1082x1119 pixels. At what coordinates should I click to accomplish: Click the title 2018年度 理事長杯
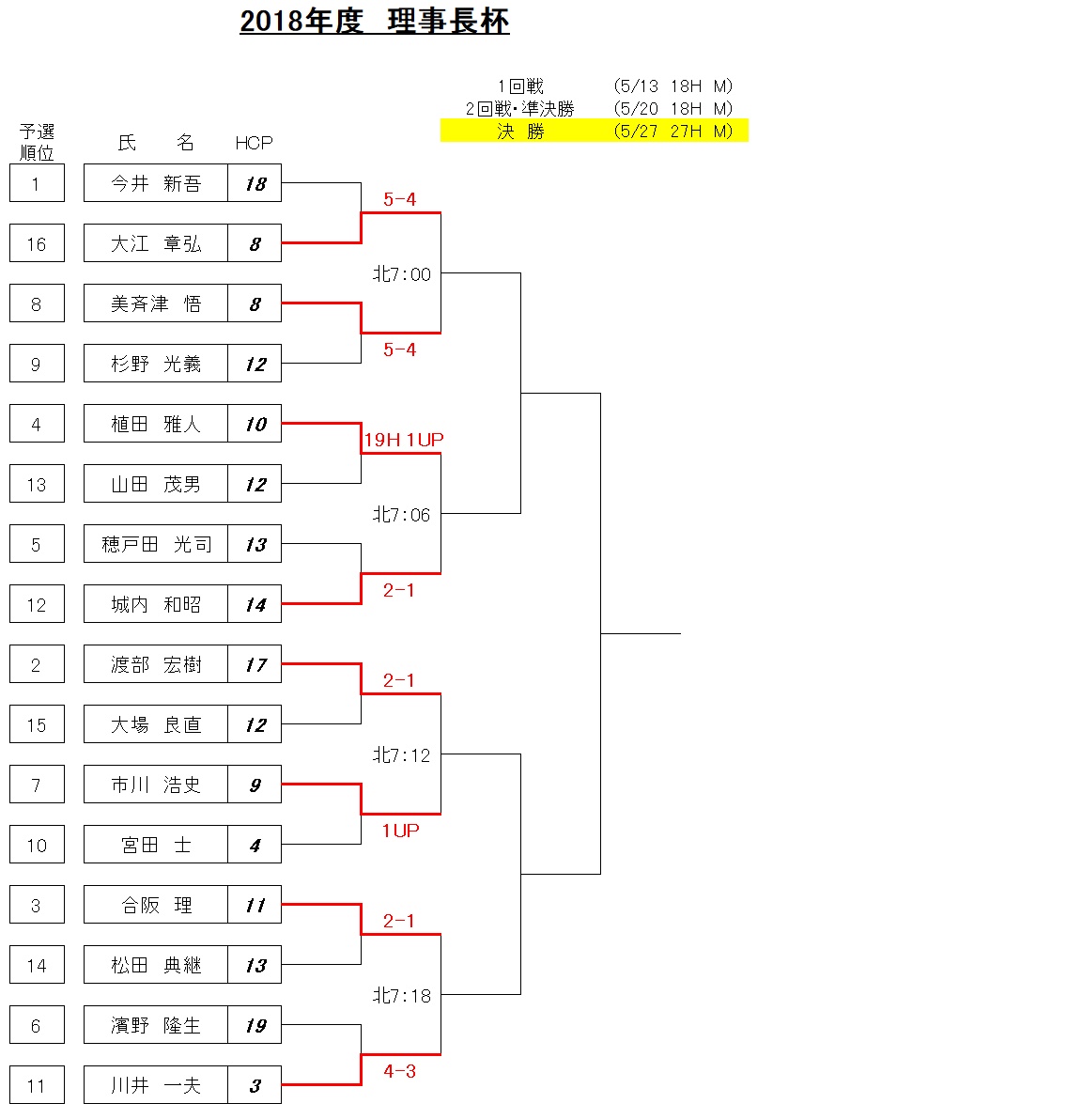click(x=375, y=22)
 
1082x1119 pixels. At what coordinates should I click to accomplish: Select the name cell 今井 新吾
click(x=156, y=183)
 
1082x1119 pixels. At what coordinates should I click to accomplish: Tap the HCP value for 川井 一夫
click(x=255, y=1085)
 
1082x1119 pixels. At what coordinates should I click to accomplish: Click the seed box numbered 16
click(x=37, y=243)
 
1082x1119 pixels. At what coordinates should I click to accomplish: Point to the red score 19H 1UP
click(x=404, y=440)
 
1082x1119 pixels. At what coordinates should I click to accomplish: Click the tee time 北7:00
click(x=402, y=274)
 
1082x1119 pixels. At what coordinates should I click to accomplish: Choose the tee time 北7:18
click(x=402, y=996)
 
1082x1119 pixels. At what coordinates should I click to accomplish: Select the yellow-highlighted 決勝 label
click(x=520, y=132)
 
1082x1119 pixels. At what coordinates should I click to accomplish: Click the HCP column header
click(x=254, y=143)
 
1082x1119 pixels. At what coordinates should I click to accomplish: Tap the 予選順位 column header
click(x=37, y=142)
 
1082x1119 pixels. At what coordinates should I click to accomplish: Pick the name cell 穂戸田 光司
click(x=156, y=544)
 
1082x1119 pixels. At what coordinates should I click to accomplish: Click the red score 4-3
click(x=399, y=1071)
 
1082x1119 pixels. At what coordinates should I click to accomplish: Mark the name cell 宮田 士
click(x=156, y=845)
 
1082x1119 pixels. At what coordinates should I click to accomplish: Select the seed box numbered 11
click(x=37, y=1085)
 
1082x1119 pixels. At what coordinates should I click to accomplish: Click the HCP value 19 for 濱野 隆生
click(x=255, y=1025)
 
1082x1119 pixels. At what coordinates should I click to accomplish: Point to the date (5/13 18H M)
click(x=672, y=86)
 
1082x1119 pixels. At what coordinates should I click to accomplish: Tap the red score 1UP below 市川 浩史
click(x=400, y=831)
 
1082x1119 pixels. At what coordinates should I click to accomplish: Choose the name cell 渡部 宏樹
click(x=156, y=664)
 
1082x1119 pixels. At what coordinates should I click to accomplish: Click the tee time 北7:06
click(x=402, y=515)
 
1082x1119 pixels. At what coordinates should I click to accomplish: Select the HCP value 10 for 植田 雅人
click(x=255, y=424)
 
